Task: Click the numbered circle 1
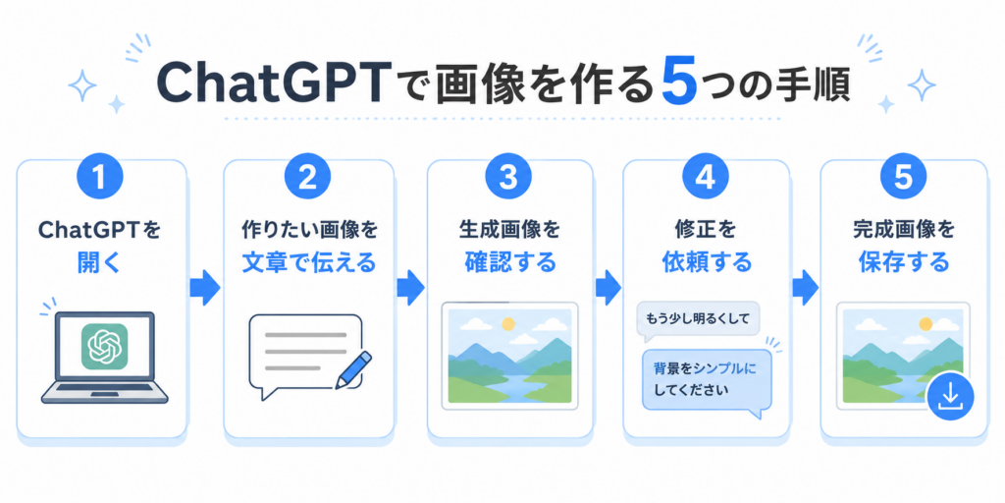click(x=99, y=177)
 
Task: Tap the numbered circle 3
click(x=507, y=177)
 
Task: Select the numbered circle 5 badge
click(x=903, y=177)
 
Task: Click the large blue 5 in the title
click(x=679, y=84)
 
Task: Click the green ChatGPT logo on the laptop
click(x=104, y=346)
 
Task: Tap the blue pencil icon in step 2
click(x=353, y=370)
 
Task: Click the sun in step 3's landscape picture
click(x=508, y=324)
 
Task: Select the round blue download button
click(x=950, y=397)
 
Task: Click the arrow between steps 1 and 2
click(x=205, y=288)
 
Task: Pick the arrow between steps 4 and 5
click(x=805, y=288)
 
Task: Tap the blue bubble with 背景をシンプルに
click(x=708, y=380)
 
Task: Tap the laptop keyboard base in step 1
click(x=104, y=393)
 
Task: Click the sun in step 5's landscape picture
click(x=926, y=324)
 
